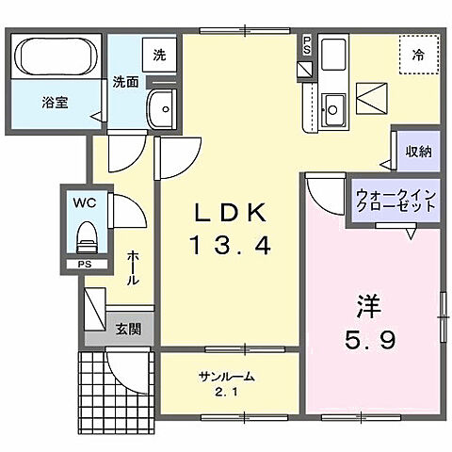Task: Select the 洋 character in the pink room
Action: tap(368, 307)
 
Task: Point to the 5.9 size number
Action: tap(368, 339)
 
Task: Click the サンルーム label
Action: tap(227, 377)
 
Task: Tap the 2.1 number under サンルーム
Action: tap(227, 393)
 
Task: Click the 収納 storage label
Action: tap(419, 152)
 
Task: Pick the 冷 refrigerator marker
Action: tap(417, 56)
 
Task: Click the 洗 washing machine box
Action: tap(159, 55)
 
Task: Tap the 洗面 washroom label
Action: tap(126, 81)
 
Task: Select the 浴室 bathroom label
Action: tap(54, 102)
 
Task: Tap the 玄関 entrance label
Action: tap(128, 329)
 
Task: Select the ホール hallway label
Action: tap(133, 267)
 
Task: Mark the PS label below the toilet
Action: tap(84, 265)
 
